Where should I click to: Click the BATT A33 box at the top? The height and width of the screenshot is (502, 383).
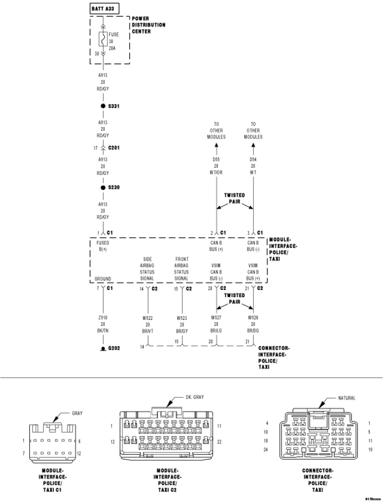pyautogui.click(x=103, y=8)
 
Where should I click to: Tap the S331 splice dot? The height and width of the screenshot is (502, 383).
pyautogui.click(x=103, y=106)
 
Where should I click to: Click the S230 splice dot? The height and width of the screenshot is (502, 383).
pyautogui.click(x=103, y=187)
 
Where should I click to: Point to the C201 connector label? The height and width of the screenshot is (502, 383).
pyautogui.click(x=114, y=148)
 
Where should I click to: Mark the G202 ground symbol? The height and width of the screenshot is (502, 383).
pyautogui.click(x=103, y=348)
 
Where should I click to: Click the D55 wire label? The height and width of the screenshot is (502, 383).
pyautogui.click(x=216, y=160)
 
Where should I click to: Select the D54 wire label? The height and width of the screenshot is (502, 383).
pyautogui.click(x=253, y=160)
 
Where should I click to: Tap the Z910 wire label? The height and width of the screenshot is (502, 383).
pyautogui.click(x=103, y=318)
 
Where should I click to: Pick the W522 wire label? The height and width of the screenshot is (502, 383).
pyautogui.click(x=148, y=318)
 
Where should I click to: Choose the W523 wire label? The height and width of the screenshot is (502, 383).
pyautogui.click(x=182, y=318)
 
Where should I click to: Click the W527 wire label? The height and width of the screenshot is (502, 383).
pyautogui.click(x=216, y=318)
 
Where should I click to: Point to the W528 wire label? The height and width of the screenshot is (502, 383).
pyautogui.click(x=253, y=318)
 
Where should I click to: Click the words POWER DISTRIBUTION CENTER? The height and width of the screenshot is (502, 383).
pyautogui.click(x=148, y=25)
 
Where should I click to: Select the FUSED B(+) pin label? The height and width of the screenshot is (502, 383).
pyautogui.click(x=103, y=246)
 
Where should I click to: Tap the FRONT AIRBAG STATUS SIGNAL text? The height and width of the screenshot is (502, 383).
pyautogui.click(x=182, y=269)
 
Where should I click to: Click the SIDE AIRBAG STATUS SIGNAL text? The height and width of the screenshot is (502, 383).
pyautogui.click(x=147, y=269)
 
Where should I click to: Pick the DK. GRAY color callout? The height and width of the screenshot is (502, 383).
pyautogui.click(x=194, y=397)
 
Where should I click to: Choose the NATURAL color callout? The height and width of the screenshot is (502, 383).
pyautogui.click(x=346, y=398)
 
